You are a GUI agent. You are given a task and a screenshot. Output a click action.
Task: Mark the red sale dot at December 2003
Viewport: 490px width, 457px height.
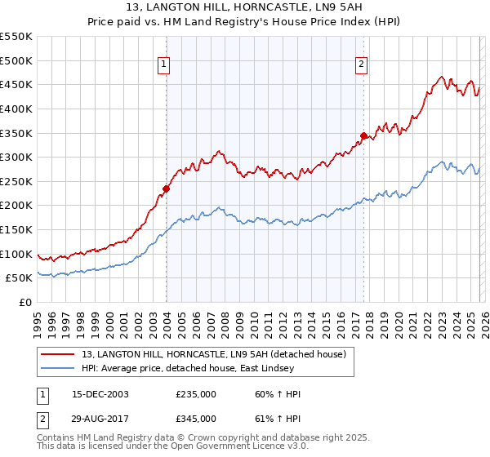(166, 189)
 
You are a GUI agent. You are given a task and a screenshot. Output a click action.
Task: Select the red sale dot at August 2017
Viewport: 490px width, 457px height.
(363, 135)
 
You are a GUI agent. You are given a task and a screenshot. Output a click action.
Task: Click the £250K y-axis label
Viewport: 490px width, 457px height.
(16, 181)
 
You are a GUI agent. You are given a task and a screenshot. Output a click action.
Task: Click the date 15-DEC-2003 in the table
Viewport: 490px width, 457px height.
(101, 394)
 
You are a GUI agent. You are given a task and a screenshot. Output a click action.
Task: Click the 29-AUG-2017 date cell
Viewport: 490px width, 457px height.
(101, 418)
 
